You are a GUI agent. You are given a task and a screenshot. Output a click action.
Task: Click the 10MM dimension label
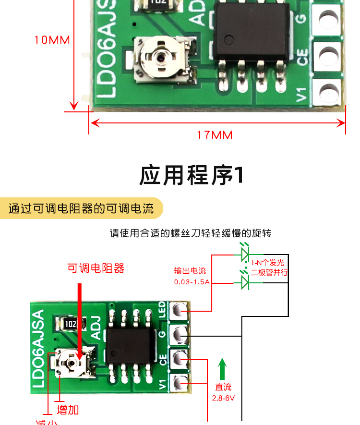52,40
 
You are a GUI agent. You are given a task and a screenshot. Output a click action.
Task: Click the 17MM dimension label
215,135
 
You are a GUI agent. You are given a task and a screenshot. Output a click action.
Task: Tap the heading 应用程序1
192,176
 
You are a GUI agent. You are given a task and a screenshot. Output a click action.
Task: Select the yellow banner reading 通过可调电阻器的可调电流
82,209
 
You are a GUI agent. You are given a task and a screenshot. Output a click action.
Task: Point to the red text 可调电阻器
96,268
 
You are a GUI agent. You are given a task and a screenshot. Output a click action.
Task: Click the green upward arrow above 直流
222,369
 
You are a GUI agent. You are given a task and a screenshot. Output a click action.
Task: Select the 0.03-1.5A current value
192,282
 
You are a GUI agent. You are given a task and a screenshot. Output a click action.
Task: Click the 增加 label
68,410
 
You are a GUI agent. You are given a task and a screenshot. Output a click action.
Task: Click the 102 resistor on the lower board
69,324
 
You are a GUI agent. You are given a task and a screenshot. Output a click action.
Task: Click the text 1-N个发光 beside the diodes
268,263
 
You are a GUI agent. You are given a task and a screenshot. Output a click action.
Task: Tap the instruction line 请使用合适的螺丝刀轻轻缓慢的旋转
191,234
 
